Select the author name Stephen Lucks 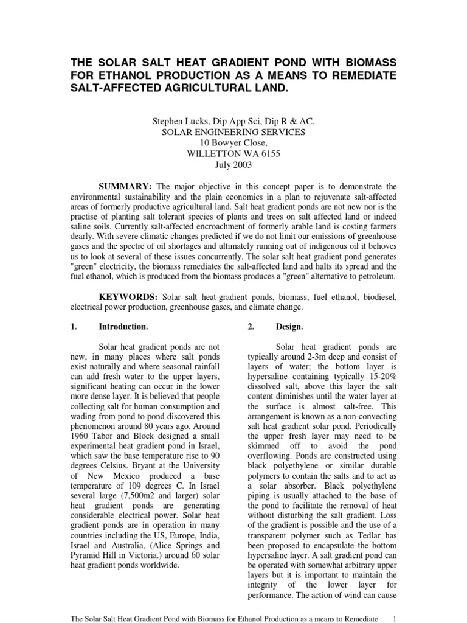pyautogui.click(x=181, y=122)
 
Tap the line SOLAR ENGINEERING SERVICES pyautogui.click(x=233, y=132)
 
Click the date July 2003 pyautogui.click(x=233, y=165)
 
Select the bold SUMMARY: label pyautogui.click(x=126, y=186)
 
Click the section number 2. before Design pyautogui.click(x=251, y=327)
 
